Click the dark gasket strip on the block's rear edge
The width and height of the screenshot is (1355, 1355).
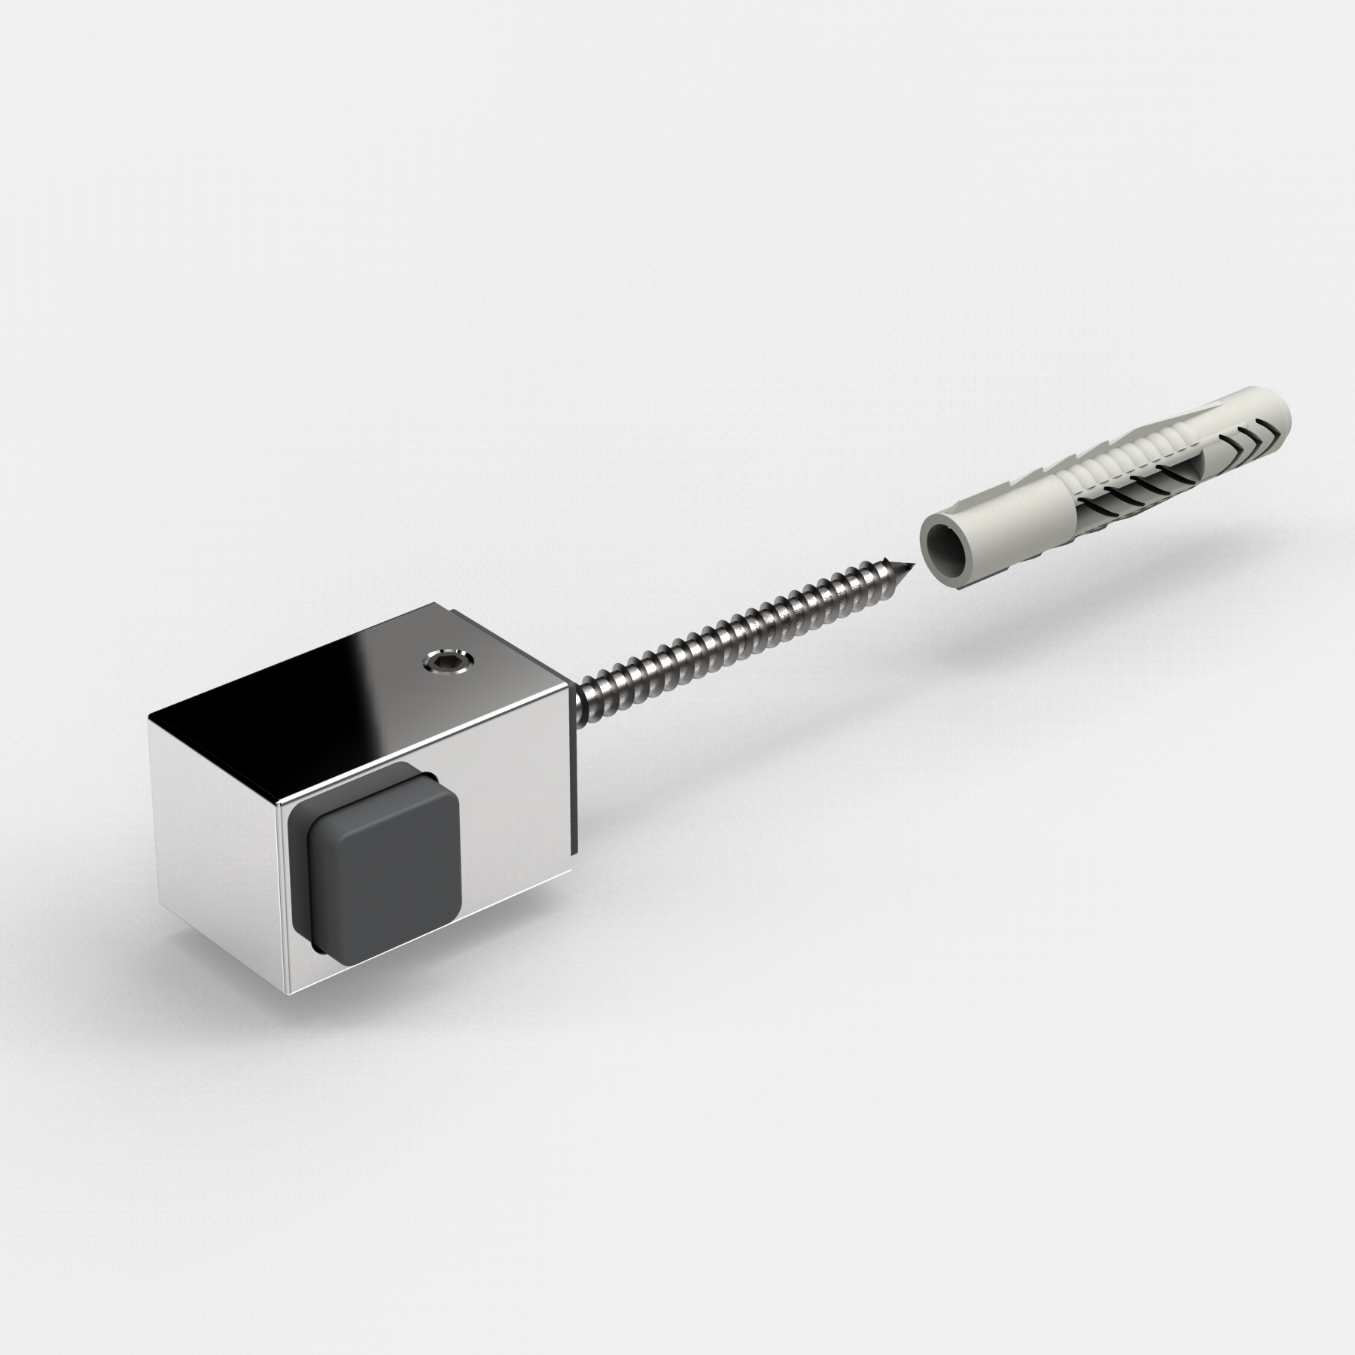pos(575,790)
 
